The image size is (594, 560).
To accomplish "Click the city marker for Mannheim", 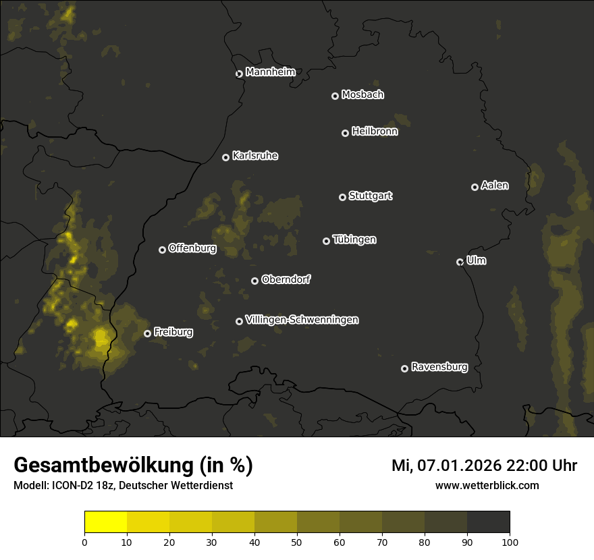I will pyautogui.click(x=239, y=74).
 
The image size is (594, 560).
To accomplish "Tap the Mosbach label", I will pyautogui.click(x=362, y=95).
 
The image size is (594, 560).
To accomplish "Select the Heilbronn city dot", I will pyautogui.click(x=345, y=133).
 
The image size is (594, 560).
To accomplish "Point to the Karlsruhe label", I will pyautogui.click(x=255, y=156).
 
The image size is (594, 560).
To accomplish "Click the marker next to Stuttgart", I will pyautogui.click(x=342, y=197).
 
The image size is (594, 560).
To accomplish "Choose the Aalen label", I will pyautogui.click(x=495, y=186).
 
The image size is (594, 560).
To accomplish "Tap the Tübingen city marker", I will pyautogui.click(x=326, y=241).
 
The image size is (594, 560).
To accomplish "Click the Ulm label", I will pyautogui.click(x=476, y=260).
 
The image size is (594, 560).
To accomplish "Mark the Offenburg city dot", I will pyautogui.click(x=162, y=250).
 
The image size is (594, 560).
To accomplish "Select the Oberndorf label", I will pyautogui.click(x=286, y=279).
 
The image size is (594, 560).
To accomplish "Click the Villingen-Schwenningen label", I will pyautogui.click(x=302, y=320).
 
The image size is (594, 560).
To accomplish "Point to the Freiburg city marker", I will pyautogui.click(x=147, y=333).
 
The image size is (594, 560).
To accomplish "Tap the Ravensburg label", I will pyautogui.click(x=439, y=367).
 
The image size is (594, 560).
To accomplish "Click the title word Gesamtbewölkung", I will pyautogui.click(x=102, y=466).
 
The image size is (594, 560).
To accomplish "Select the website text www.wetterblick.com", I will pyautogui.click(x=487, y=485).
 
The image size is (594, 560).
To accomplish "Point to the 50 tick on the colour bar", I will pyautogui.click(x=297, y=541).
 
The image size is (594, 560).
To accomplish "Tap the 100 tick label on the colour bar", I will pyautogui.click(x=510, y=541).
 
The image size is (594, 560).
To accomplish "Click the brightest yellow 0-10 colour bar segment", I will pyautogui.click(x=106, y=522).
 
